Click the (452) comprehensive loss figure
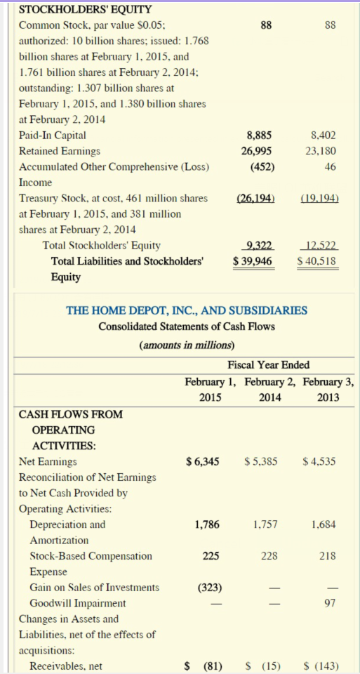[260, 166]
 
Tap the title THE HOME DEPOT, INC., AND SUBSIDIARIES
[186, 310]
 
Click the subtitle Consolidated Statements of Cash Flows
[186, 326]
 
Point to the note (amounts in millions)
[187, 345]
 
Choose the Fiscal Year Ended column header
[269, 364]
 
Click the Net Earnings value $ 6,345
[203, 462]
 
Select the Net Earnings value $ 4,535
[320, 462]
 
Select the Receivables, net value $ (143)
[320, 666]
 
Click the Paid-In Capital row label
[53, 136]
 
